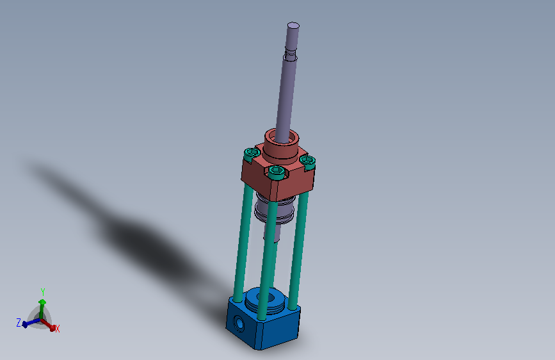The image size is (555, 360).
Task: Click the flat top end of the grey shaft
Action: (x=293, y=26)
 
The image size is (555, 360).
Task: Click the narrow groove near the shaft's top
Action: (x=290, y=54)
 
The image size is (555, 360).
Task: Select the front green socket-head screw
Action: (x=276, y=172)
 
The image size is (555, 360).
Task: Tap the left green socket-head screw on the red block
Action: (x=252, y=154)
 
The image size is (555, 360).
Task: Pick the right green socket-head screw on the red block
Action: (x=307, y=161)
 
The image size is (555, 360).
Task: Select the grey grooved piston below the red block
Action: (x=275, y=209)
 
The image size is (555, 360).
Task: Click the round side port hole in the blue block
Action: (x=239, y=323)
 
